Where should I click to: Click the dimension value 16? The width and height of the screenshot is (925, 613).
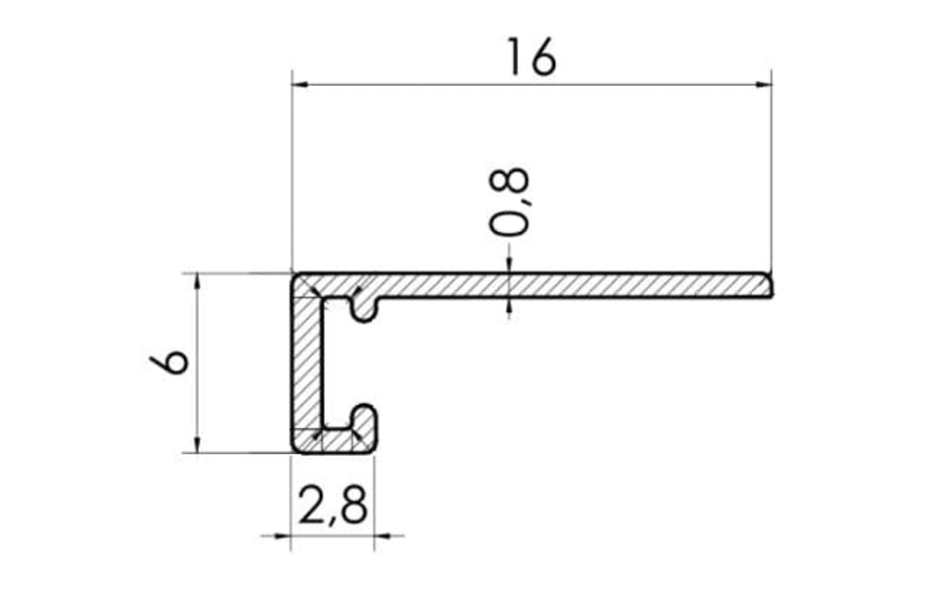pos(531,57)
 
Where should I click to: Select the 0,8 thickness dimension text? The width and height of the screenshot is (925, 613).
pos(511,202)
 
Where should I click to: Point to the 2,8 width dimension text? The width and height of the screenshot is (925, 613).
pos(333,506)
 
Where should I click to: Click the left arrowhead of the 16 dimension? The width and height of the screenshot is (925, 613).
pos(300,85)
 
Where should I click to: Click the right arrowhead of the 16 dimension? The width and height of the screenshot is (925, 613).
pos(763,85)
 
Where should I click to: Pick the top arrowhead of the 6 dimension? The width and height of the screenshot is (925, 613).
pos(197,281)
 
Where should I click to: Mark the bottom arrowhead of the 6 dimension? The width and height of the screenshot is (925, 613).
pos(197,445)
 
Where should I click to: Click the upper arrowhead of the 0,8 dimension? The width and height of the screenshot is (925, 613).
pos(509,266)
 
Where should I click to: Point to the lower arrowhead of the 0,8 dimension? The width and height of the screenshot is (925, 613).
pos(509,304)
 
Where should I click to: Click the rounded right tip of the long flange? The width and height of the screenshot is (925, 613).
pos(770,285)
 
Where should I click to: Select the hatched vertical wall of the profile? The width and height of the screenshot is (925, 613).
pos(306,365)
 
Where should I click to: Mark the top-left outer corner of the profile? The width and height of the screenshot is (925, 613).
pos(293,275)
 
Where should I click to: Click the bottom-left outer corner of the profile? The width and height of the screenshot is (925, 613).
pos(293,450)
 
